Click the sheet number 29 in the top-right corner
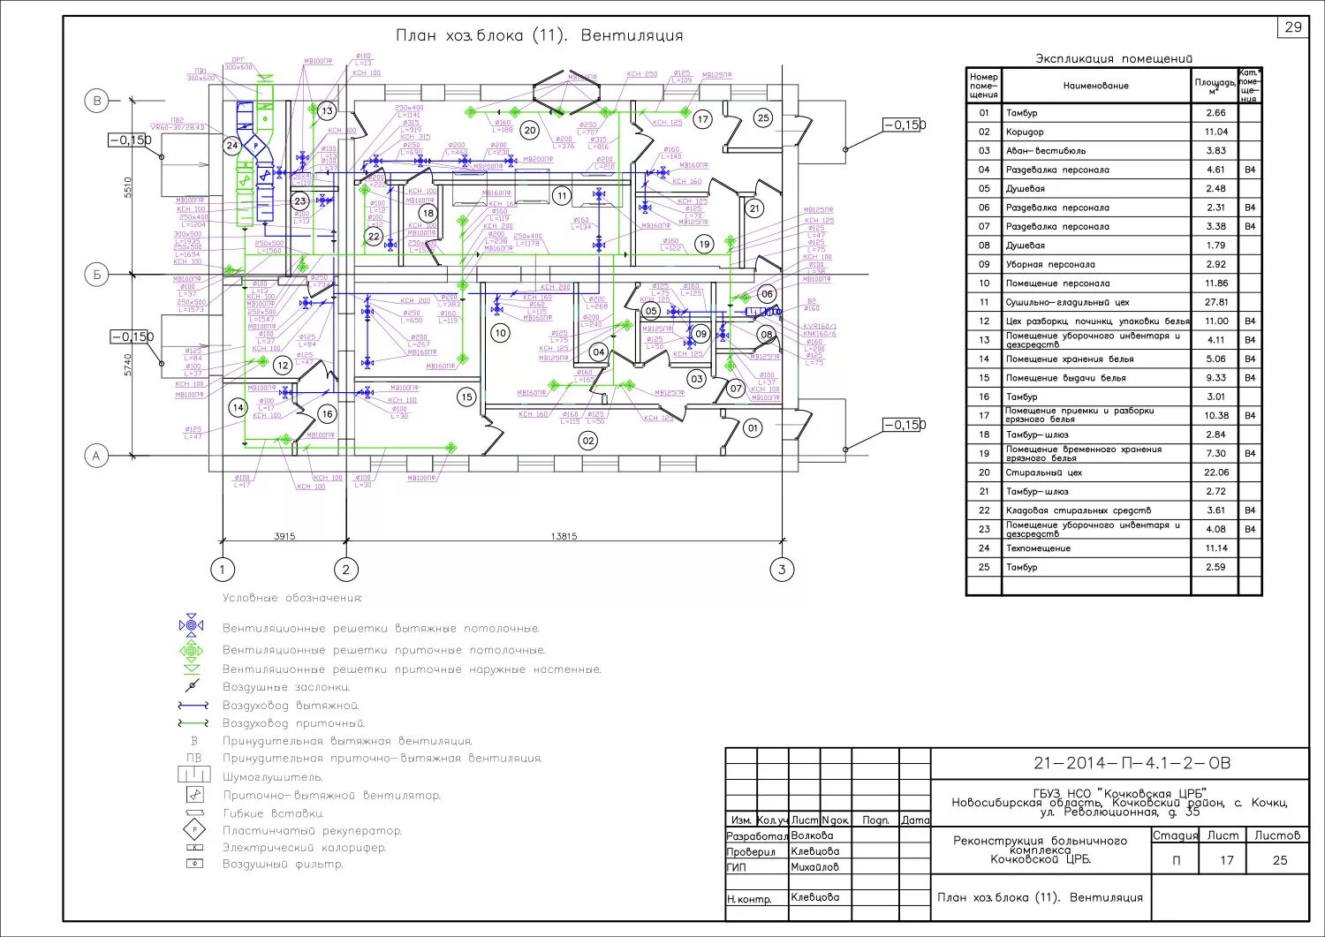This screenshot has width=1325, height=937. tap(1293, 27)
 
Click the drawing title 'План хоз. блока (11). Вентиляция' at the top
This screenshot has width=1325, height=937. tap(539, 36)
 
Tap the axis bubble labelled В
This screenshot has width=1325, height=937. tap(96, 101)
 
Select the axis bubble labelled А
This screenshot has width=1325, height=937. tap(96, 456)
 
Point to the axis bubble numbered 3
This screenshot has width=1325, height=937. tap(781, 570)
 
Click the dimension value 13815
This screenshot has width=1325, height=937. tap(564, 536)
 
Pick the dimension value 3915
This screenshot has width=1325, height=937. tap(284, 536)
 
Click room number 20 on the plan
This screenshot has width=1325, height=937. tap(529, 130)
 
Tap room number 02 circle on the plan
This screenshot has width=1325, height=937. tap(587, 440)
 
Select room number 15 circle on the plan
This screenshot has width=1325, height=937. tap(466, 397)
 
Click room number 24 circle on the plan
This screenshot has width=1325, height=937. tap(232, 146)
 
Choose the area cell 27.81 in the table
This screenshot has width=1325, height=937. tap(1215, 302)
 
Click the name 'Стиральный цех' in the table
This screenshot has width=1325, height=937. tap(1043, 472)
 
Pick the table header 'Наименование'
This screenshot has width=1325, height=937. tap(1095, 86)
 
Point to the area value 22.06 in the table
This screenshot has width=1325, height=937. tap(1215, 472)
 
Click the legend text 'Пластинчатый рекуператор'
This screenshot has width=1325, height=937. tap(312, 831)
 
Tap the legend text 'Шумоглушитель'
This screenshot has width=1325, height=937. tap(272, 777)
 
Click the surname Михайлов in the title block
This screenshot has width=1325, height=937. tap(815, 867)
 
